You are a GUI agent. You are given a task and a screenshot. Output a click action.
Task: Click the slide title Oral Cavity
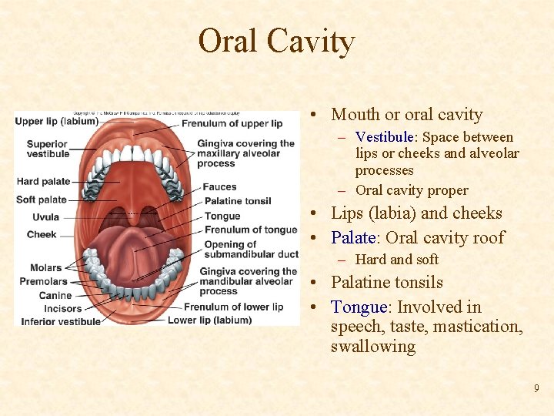(276, 41)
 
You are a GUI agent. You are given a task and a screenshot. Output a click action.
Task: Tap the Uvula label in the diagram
(45, 217)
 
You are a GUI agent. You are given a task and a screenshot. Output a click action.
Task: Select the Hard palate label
(42, 182)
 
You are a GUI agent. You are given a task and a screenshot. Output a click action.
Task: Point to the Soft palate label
(42, 200)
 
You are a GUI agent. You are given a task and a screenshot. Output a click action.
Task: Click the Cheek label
(42, 234)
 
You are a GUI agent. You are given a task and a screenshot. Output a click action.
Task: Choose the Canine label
(55, 295)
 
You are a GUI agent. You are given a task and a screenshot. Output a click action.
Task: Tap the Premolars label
(44, 281)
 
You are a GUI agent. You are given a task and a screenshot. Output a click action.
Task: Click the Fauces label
(220, 186)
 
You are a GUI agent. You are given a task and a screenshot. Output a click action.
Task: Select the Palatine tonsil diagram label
(238, 201)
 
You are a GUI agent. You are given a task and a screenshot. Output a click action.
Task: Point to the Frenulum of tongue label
(251, 230)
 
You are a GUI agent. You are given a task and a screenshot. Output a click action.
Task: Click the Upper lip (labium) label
(56, 121)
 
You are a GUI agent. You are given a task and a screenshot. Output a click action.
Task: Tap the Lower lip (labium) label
(209, 320)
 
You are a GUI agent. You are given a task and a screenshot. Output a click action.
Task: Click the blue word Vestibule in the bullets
(384, 137)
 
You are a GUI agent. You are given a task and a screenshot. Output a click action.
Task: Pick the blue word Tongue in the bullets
(358, 307)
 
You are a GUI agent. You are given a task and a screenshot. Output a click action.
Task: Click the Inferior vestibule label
(61, 321)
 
